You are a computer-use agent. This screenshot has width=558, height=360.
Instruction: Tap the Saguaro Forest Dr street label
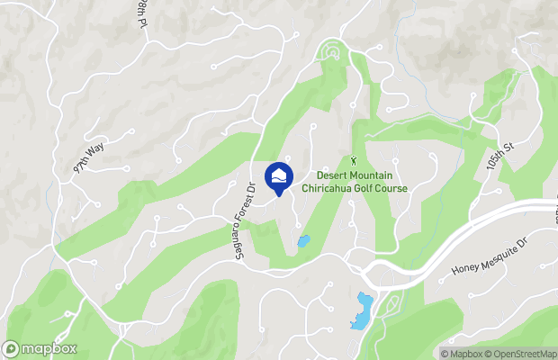click(x=242, y=220)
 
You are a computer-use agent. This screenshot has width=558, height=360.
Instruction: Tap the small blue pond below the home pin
click(x=303, y=241)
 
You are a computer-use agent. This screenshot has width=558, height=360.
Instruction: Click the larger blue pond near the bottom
click(x=363, y=310)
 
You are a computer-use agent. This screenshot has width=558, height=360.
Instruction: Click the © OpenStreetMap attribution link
click(x=521, y=353)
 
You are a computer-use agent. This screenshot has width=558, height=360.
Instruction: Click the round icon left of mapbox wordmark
click(x=12, y=349)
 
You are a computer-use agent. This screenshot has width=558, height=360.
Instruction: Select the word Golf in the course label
click(x=364, y=188)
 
